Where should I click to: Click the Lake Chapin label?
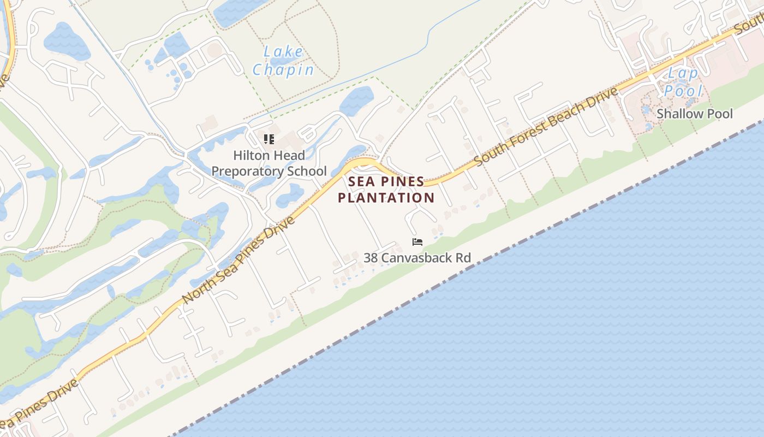283,61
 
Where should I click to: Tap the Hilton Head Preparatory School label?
269,163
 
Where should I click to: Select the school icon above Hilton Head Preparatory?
268,139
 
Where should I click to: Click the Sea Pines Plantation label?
386,190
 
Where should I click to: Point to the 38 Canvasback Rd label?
417,258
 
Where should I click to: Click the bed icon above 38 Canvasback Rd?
417,242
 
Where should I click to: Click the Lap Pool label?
682,81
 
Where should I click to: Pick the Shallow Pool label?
695,114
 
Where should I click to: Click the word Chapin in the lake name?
283,70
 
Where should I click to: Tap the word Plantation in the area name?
386,198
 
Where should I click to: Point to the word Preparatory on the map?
269,172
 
